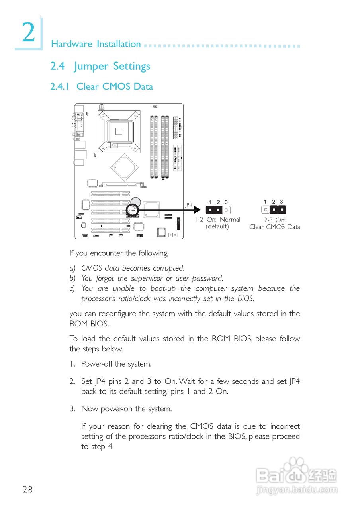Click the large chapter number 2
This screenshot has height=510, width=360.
point(28,33)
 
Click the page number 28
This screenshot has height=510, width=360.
point(28,490)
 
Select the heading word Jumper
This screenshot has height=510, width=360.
point(91,66)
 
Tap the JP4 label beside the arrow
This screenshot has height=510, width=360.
point(188,205)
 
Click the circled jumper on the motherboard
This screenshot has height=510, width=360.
point(132,209)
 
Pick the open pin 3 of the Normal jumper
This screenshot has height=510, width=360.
point(226,210)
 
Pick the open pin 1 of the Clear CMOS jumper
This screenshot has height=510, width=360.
point(265,210)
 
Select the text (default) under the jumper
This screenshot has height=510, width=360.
point(217,226)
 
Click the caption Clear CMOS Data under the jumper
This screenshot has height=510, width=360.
point(274,227)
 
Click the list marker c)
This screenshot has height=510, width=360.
point(72,288)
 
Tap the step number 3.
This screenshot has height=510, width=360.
point(72,409)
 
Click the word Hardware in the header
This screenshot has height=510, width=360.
point(70,44)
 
